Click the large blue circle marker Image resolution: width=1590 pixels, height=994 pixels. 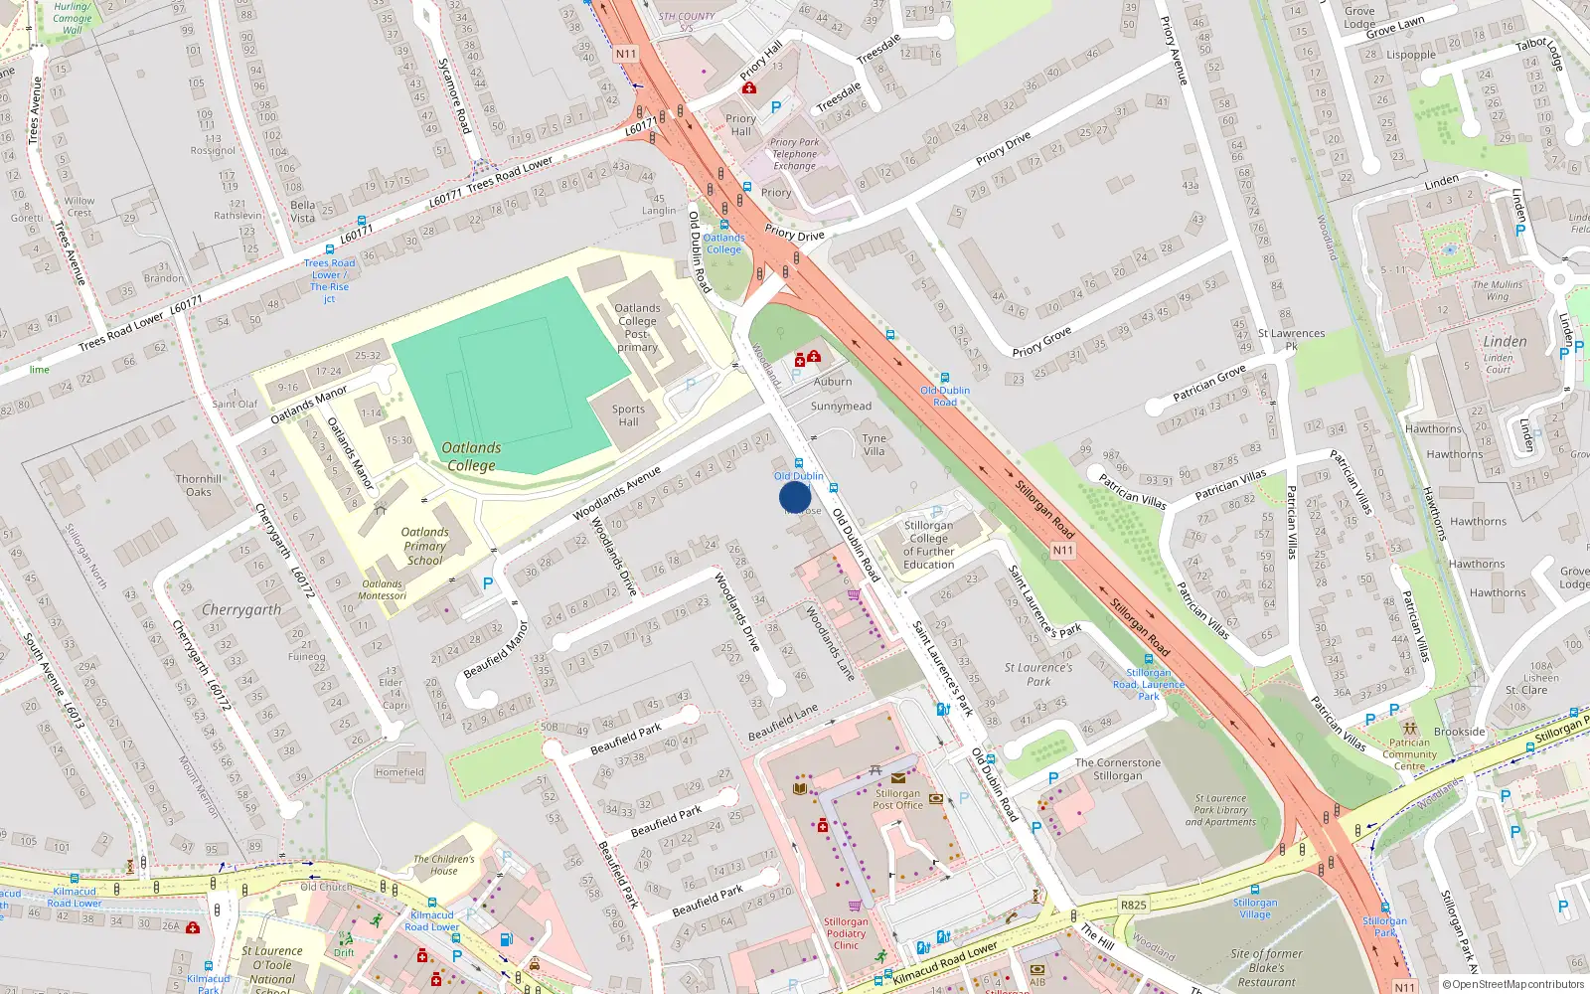point(795,497)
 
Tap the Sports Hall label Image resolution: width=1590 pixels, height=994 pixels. point(628,415)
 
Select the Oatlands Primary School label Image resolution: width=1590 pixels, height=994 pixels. point(425,546)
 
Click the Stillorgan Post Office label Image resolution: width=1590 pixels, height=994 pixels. point(898,799)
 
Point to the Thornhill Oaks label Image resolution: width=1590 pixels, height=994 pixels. point(199,485)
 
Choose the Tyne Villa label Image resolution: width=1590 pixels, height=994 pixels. point(874,444)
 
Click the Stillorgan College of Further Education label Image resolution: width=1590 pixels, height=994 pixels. point(928,545)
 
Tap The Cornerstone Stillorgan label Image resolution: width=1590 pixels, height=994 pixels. point(1118,769)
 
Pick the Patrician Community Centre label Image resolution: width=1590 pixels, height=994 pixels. point(1409,754)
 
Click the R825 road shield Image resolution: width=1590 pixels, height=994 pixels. point(1134,905)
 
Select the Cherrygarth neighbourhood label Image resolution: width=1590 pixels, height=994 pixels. point(241,609)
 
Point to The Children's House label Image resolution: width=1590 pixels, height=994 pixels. point(444,865)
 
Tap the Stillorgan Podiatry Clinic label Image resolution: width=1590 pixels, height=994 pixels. point(846,933)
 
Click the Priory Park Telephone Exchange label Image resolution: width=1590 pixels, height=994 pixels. point(795,154)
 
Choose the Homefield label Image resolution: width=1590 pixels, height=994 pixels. point(399,772)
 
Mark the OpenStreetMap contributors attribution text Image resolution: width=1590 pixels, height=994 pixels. point(1513,984)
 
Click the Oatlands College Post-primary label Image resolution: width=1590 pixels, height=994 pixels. point(637,327)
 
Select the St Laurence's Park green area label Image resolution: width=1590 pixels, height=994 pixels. point(1038,674)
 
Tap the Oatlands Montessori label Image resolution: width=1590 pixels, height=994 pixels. point(383,589)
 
